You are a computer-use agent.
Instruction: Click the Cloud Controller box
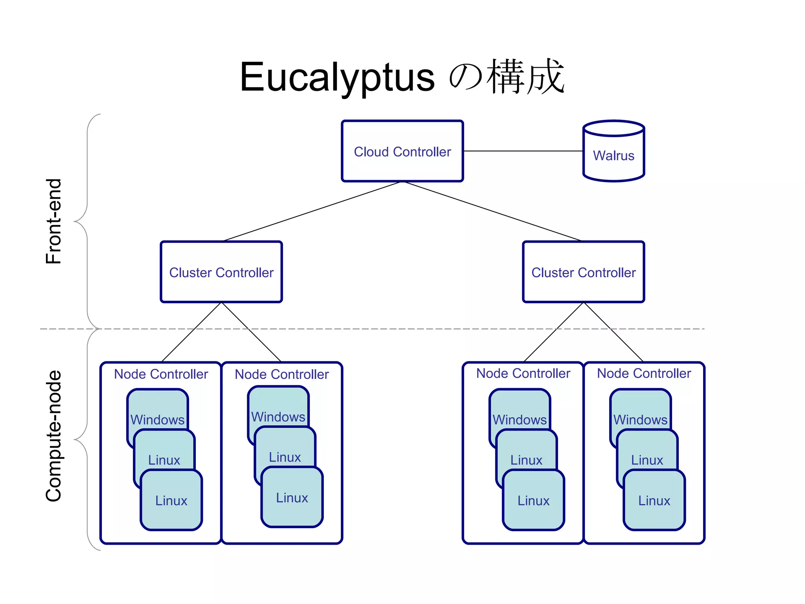tap(402, 151)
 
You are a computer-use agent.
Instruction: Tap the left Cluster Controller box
tap(221, 272)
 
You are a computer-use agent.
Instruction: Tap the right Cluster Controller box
tap(583, 272)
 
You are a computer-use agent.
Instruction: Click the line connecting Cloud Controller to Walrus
tap(523, 151)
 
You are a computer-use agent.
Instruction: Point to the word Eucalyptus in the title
tap(337, 77)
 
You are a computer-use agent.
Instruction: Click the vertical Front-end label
tap(54, 221)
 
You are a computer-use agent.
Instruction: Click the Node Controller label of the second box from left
tap(281, 374)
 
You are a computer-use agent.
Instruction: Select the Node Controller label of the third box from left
tap(523, 373)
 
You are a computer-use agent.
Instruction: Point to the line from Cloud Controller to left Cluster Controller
tap(311, 212)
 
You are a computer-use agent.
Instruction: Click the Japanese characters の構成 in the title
tap(507, 77)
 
